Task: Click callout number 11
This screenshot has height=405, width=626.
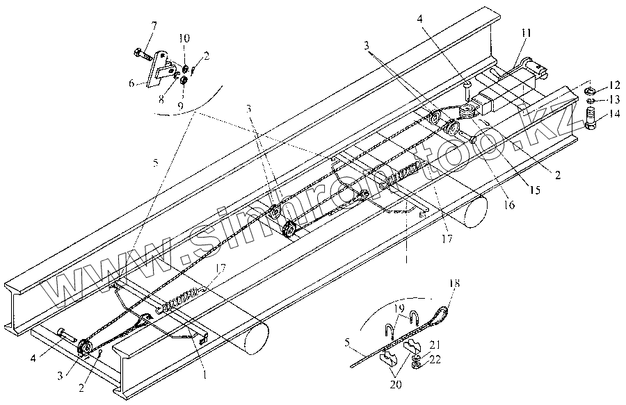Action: (x=527, y=33)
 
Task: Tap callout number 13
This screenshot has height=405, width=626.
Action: (x=614, y=100)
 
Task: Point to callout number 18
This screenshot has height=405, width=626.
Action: (x=454, y=283)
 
